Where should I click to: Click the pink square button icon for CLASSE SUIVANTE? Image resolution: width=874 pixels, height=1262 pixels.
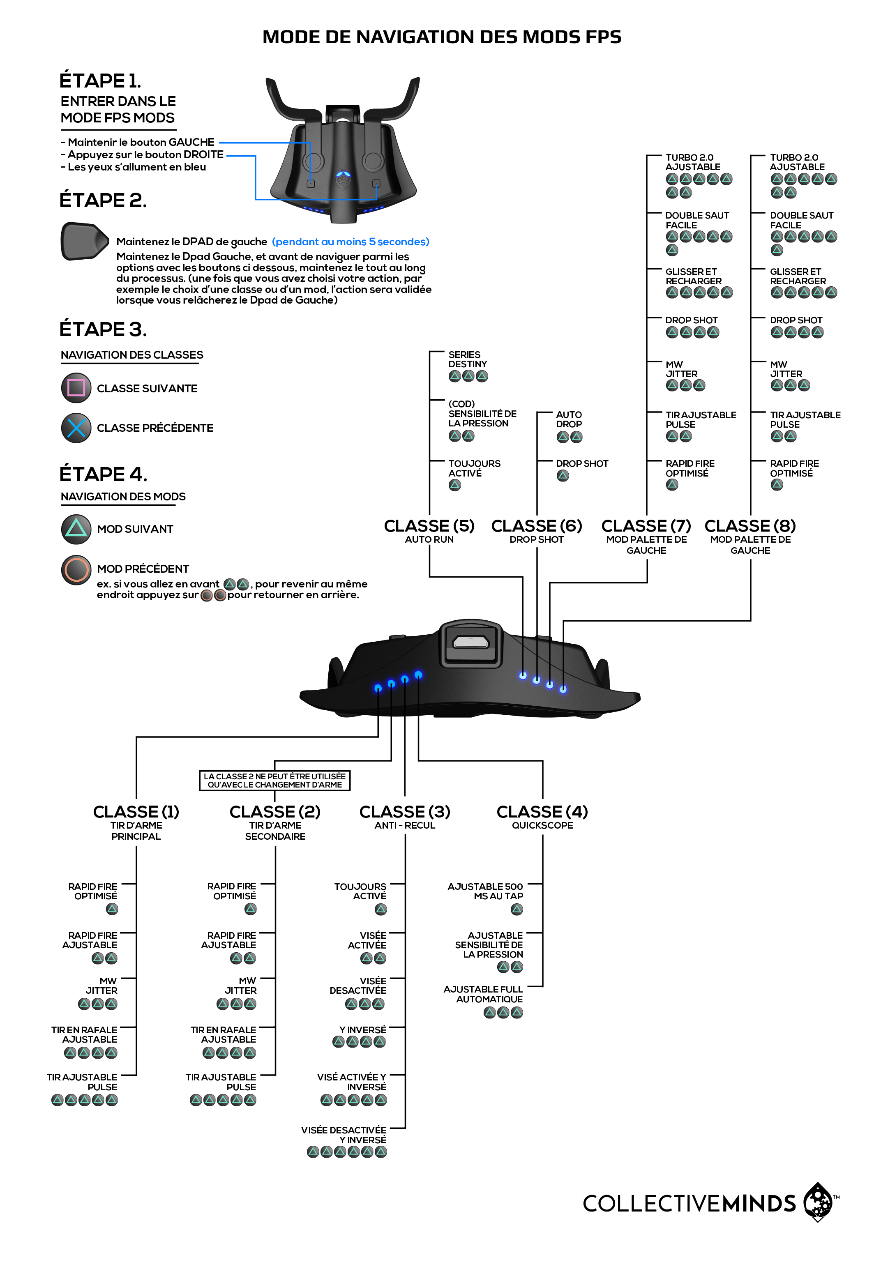click(76, 388)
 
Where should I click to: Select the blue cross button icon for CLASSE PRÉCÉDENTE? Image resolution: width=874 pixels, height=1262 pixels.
click(76, 428)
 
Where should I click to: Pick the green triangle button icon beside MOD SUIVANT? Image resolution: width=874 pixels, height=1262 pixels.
click(76, 529)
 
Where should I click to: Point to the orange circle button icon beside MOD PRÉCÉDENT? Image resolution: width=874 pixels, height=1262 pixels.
click(76, 569)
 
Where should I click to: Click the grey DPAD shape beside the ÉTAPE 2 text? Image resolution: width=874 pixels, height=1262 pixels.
click(83, 241)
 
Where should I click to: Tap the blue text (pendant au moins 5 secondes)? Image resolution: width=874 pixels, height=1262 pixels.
click(351, 242)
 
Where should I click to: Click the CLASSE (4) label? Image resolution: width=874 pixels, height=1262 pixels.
click(542, 811)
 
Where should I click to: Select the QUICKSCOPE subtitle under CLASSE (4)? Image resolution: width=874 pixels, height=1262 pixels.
click(542, 825)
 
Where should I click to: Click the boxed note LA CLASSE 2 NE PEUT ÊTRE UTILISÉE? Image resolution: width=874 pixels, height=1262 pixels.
click(274, 780)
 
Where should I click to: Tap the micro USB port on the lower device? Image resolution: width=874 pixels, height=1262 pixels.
click(470, 642)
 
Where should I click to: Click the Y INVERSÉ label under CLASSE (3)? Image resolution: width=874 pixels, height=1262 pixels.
click(362, 1030)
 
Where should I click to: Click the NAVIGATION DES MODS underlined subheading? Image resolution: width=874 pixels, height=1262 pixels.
click(123, 497)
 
